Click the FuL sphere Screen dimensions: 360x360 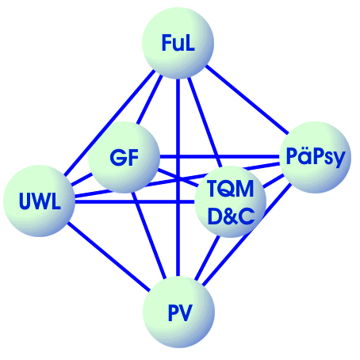click(x=178, y=43)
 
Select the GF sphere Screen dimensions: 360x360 click(x=124, y=157)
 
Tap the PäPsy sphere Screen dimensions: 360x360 click(x=316, y=157)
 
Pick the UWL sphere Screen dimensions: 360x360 click(x=39, y=201)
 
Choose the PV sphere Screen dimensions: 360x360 click(x=179, y=312)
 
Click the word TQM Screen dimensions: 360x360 click(x=231, y=189)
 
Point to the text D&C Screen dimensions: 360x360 click(x=231, y=216)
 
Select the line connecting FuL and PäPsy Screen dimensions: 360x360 click(x=247, y=99)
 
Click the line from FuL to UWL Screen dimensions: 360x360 click(x=109, y=123)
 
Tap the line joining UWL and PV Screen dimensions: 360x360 click(x=109, y=257)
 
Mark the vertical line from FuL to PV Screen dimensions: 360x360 click(x=178, y=178)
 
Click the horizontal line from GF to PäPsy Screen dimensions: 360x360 click(x=220, y=157)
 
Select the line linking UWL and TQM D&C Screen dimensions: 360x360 click(x=135, y=202)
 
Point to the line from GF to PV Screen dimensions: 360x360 click(x=149, y=236)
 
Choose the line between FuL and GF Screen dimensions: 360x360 click(x=149, y=100)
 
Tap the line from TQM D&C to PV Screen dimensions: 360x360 click(x=208, y=258)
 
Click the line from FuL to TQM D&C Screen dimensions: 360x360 click(x=204, y=122)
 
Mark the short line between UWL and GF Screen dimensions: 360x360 click(x=82, y=179)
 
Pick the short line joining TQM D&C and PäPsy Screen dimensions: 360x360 click(x=273, y=181)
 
